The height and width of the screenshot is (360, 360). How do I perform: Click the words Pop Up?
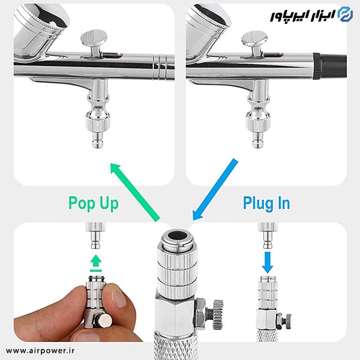(94, 203)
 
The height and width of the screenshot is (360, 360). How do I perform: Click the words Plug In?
(266, 203)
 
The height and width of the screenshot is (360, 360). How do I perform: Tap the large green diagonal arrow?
(135, 192)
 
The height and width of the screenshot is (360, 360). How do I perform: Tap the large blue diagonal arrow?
(215, 190)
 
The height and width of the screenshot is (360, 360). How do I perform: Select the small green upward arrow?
(96, 263)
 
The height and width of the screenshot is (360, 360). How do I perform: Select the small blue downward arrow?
(268, 262)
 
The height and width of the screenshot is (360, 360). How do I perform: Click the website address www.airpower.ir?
(40, 350)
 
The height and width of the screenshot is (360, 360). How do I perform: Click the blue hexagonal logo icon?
(346, 14)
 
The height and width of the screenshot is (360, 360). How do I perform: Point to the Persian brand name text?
(302, 16)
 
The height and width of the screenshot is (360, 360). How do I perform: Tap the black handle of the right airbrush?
(331, 66)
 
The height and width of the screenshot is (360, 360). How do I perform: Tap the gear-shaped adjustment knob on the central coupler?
(217, 314)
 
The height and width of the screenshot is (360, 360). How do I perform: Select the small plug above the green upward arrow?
(96, 236)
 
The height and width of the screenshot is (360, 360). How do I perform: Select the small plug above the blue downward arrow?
(268, 236)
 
